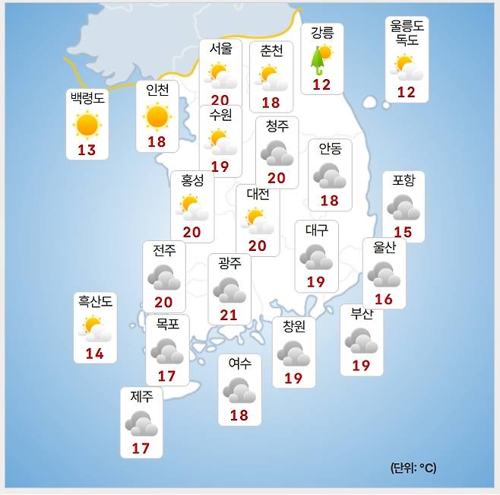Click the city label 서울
(220, 49)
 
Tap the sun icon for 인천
(157, 116)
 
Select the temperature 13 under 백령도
(87, 150)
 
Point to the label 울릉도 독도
(407, 33)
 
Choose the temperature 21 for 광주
(228, 315)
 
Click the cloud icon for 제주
(141, 424)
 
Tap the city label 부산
(362, 314)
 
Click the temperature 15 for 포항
(402, 231)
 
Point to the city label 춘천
(271, 52)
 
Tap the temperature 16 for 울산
(384, 299)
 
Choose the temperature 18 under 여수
(239, 415)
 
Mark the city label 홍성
(192, 182)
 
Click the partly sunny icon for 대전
(259, 220)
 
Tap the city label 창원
(293, 326)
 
